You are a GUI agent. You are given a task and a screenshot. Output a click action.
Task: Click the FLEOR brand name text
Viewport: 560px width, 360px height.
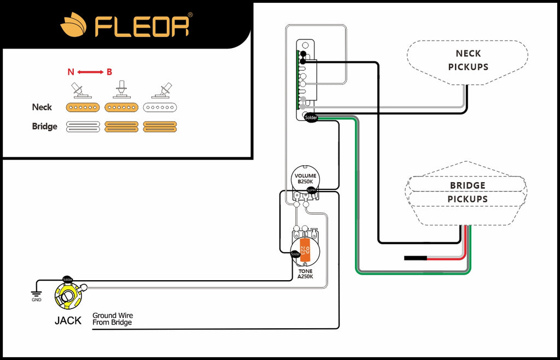pos(143,25)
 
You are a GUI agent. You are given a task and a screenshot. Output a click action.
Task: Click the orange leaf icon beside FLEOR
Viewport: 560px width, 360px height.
pos(73,25)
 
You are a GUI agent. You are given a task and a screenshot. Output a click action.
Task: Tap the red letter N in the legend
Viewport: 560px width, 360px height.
pos(71,72)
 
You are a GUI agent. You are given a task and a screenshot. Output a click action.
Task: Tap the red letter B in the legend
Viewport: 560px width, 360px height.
pos(109,72)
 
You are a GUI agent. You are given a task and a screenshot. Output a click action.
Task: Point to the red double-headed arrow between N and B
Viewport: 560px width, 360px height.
pos(90,72)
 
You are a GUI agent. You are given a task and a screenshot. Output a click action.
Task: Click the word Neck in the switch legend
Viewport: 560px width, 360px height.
pos(43,107)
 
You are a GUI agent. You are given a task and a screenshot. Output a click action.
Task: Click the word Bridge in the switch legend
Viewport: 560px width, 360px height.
pos(44,126)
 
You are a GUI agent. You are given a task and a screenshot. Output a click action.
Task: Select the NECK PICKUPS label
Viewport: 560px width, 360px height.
pos(468,60)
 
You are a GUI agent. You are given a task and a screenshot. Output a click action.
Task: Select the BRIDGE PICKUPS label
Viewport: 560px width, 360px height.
pos(468,192)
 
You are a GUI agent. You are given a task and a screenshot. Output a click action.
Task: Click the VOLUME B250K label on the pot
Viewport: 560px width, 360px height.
pos(305,178)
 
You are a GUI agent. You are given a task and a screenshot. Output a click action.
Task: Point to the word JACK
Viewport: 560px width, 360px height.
pos(68,321)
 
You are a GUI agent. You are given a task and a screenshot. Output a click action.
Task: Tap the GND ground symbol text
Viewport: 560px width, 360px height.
pos(36,299)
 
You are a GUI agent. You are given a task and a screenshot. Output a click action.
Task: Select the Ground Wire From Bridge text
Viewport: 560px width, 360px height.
pos(112,319)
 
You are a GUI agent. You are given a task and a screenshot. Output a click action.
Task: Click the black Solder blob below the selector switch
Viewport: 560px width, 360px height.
pos(311,117)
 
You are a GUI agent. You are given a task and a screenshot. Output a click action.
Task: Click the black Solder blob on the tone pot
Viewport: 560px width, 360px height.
pos(295,253)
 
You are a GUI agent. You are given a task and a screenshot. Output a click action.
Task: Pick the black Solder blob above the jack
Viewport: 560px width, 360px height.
pos(68,279)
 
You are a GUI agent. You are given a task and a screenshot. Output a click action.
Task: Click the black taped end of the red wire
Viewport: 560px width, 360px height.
pos(415,258)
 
